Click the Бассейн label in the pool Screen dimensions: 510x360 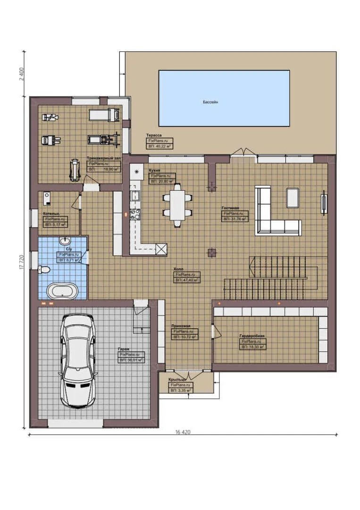click(x=210, y=102)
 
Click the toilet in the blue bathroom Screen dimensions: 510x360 click(x=44, y=270)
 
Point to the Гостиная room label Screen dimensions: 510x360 click(x=231, y=208)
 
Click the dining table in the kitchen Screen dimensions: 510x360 click(x=178, y=204)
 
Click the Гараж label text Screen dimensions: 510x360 click(x=124, y=349)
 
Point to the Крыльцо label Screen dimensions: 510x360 click(x=178, y=380)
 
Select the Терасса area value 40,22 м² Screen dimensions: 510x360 click(x=159, y=146)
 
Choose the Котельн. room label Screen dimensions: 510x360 click(x=51, y=214)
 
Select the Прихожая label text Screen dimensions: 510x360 click(x=181, y=326)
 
